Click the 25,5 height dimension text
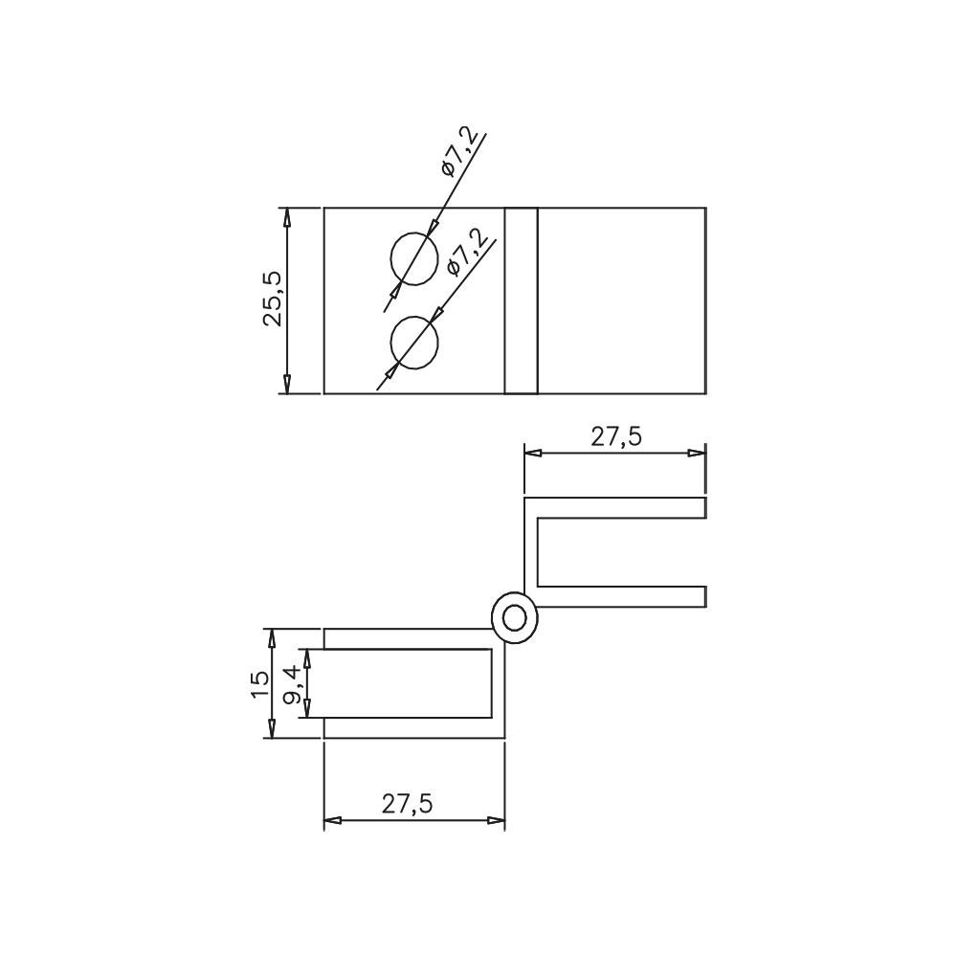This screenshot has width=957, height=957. tap(273, 299)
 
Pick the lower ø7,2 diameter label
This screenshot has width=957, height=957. tap(468, 253)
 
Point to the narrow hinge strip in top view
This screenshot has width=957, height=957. tap(522, 300)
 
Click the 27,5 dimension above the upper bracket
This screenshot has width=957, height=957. tap(615, 437)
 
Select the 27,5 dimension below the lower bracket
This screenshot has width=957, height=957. tap(407, 804)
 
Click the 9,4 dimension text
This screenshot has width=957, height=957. tap(292, 685)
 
